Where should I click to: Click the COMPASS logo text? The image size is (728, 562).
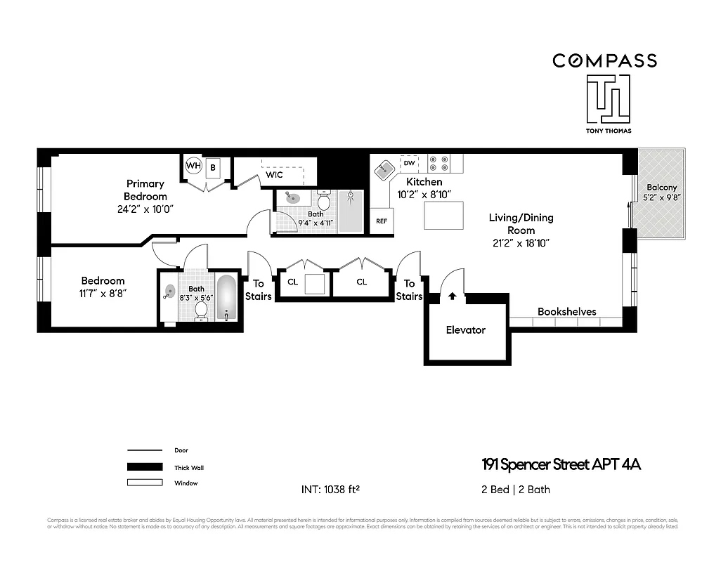[x=604, y=60]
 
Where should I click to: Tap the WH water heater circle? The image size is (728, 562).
[x=193, y=166]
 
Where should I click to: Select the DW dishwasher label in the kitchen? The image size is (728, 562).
[x=409, y=163]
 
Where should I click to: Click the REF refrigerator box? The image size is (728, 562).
[x=382, y=221]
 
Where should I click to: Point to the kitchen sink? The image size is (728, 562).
[x=384, y=169]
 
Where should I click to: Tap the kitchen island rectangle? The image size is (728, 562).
[x=444, y=215]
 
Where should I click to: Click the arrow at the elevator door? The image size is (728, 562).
[x=452, y=296]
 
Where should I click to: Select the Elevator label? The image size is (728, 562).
[x=465, y=329]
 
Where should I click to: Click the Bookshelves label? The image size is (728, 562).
[x=566, y=311]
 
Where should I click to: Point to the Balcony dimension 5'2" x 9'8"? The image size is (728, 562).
[x=661, y=197]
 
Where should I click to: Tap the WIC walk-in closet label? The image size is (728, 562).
[x=274, y=175]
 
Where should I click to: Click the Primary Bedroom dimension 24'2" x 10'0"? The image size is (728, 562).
[x=145, y=209]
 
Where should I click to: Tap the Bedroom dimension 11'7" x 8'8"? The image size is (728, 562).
[x=103, y=293]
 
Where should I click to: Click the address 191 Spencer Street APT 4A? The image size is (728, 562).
[x=561, y=464]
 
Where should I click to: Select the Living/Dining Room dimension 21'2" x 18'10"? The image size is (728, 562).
[x=521, y=243]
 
